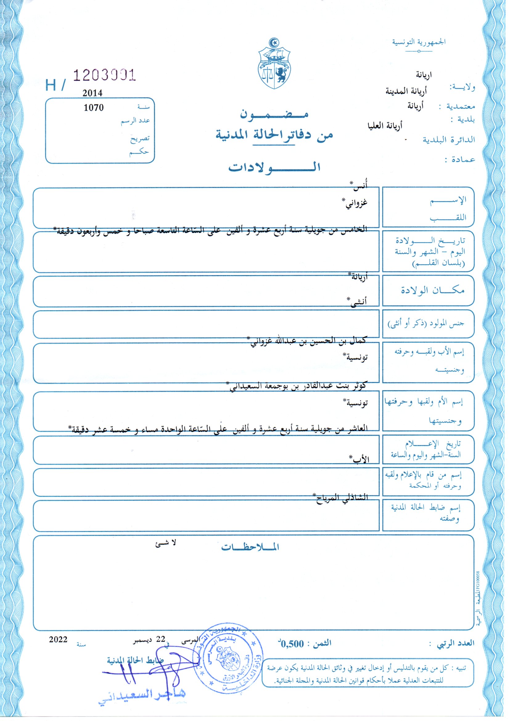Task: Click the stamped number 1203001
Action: [x=104, y=75]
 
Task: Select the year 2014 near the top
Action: [x=92, y=93]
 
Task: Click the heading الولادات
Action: [x=274, y=167]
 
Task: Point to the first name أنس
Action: [x=360, y=186]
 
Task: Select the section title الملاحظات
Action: [x=250, y=547]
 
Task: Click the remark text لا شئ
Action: [x=166, y=543]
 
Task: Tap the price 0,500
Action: [x=292, y=644]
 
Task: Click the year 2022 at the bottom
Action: [x=58, y=639]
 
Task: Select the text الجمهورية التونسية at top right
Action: [x=419, y=42]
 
